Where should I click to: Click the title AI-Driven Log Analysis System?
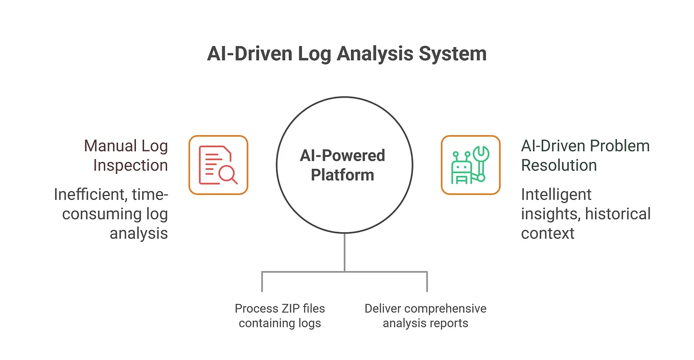pos(346,54)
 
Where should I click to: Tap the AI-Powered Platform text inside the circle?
pos(342,165)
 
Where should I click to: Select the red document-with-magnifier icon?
pos(218,165)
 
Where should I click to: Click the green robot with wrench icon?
pos(470,165)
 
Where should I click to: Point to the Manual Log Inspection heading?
pos(126,155)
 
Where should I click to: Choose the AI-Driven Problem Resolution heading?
pos(585,155)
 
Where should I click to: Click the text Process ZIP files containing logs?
pos(280,316)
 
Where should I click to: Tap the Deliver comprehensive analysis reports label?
pos(425,316)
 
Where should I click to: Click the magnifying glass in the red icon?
pos(227,174)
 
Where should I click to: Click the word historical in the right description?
pos(617,214)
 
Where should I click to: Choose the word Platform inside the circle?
pos(342,175)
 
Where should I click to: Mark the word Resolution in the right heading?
pos(559,165)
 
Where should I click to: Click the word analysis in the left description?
pos(138,233)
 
